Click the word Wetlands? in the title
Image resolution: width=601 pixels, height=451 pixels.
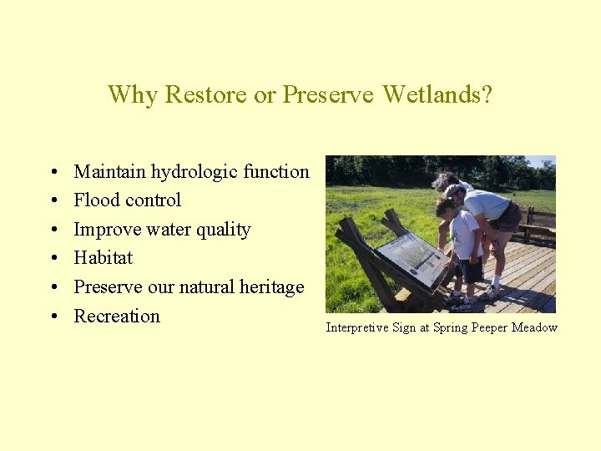437,94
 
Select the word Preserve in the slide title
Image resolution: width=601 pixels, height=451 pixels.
328,94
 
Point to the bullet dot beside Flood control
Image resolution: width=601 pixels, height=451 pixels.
53,201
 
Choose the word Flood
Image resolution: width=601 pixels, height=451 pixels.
95,200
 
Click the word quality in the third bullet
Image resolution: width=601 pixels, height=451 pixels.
223,230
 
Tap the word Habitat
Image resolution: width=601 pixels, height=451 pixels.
104,258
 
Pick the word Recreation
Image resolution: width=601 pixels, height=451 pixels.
117,317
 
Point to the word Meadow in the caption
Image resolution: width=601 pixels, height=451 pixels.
534,327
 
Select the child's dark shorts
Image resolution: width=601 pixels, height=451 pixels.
471,270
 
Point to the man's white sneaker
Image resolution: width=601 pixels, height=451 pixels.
494,291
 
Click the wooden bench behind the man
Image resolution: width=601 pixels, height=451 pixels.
538,223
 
